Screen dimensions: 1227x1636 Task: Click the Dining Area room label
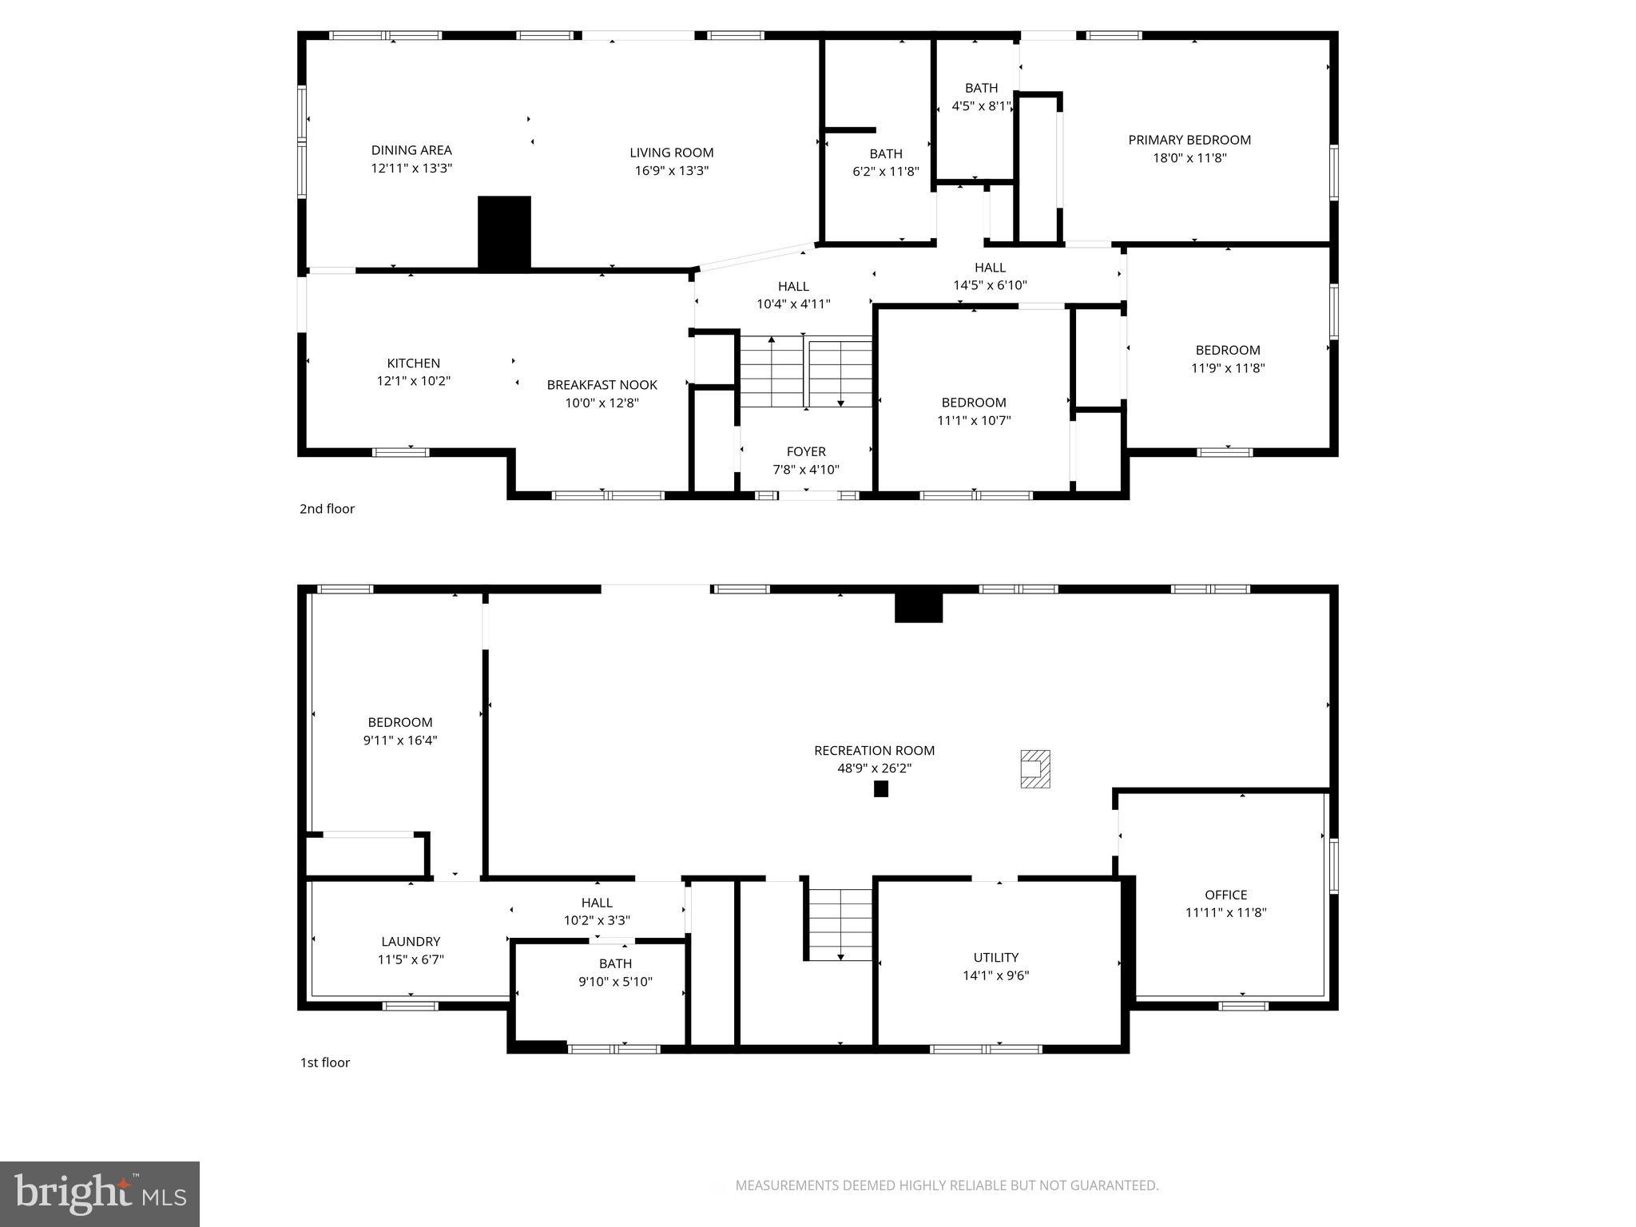click(x=411, y=150)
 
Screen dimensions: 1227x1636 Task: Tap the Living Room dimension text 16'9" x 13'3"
click(x=671, y=170)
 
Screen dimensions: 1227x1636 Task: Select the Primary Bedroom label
click(x=1189, y=140)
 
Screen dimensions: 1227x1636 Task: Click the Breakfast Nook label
click(x=602, y=385)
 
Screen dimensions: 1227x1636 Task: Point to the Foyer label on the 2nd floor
click(x=805, y=451)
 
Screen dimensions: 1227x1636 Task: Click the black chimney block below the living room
click(x=504, y=232)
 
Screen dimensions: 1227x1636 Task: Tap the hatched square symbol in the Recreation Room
click(x=1034, y=768)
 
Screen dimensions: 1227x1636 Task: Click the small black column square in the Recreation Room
click(x=880, y=788)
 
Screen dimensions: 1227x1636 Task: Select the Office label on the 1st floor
click(x=1225, y=895)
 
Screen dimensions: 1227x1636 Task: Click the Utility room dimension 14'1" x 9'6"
click(x=995, y=975)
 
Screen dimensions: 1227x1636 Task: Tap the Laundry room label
click(x=411, y=942)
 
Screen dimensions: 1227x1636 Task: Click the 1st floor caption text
click(x=324, y=1062)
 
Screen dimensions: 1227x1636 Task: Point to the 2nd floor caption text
click(x=327, y=509)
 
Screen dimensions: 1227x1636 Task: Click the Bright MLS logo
click(x=100, y=1193)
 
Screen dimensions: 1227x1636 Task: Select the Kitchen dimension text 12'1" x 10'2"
click(x=413, y=381)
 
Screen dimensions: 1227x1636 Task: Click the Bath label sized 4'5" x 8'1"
click(x=980, y=88)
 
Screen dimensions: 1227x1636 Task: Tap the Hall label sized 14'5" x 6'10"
click(x=989, y=268)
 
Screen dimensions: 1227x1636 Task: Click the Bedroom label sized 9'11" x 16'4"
click(x=399, y=722)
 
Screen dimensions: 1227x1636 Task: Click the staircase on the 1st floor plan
click(x=840, y=924)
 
